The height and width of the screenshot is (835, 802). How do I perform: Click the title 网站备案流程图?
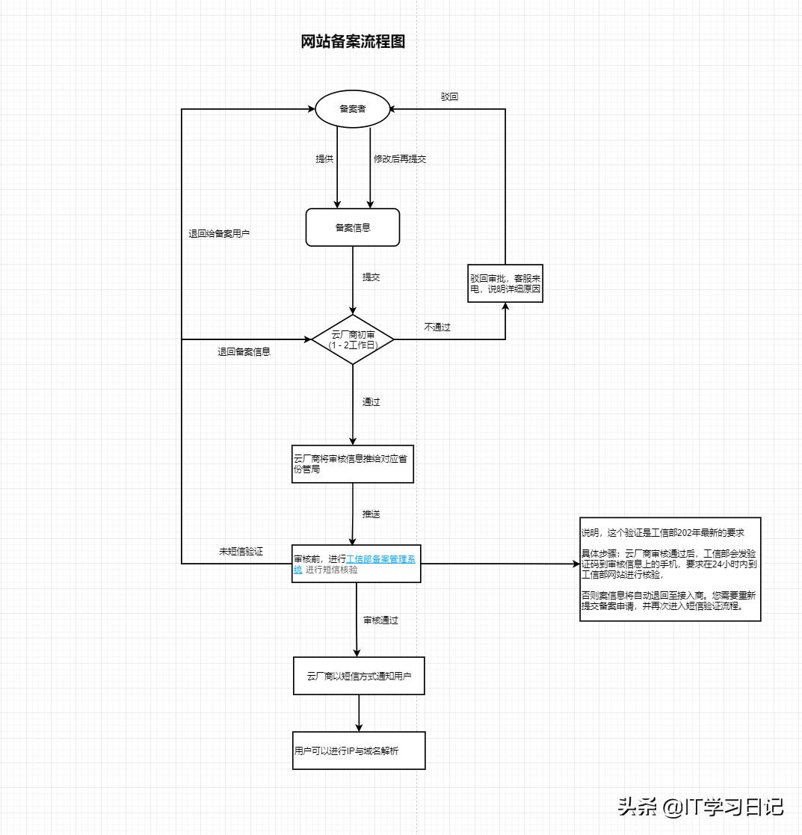pos(353,42)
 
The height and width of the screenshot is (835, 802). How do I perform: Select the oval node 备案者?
pos(352,109)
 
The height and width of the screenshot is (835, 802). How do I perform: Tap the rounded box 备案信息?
pos(352,227)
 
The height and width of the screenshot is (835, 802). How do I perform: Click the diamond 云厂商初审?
pos(352,339)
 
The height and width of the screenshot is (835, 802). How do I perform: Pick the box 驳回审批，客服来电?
pos(505,283)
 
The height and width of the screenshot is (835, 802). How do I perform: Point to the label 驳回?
pos(449,97)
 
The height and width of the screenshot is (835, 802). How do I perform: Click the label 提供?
pos(324,159)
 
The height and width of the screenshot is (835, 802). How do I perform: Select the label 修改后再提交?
pos(400,159)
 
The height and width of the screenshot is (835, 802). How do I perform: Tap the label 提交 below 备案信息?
pos(371,277)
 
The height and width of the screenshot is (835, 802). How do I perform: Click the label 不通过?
pos(437,327)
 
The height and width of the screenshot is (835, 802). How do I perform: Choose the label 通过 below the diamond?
pos(371,402)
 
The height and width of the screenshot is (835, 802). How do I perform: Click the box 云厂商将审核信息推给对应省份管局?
pos(352,464)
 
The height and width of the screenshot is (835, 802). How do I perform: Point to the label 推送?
pos(371,514)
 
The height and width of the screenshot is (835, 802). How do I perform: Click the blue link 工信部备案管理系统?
pos(380,559)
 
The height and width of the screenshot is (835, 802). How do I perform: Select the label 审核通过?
pos(380,620)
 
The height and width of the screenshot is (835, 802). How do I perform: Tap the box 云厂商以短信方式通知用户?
pos(359,676)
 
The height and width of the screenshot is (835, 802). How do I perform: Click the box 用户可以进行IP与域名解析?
pos(359,751)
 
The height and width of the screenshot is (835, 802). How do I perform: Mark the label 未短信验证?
pos(241,552)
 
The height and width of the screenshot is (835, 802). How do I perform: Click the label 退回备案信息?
pos(244,351)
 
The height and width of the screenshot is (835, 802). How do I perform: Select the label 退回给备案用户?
pos(219,234)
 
